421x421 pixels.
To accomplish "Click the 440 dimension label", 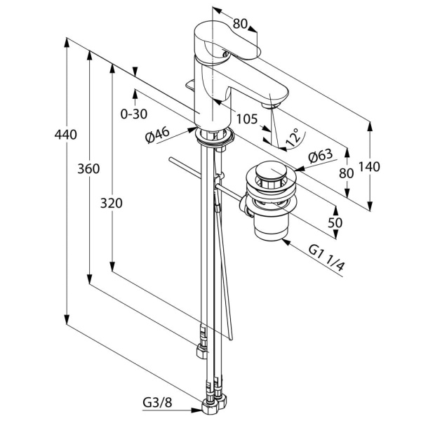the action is tap(66, 134).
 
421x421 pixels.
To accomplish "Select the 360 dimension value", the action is tap(88, 169).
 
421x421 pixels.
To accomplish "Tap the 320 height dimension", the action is tap(112, 203).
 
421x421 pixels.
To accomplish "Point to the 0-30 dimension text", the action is tap(134, 114).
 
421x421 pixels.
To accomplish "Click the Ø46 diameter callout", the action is tap(158, 135).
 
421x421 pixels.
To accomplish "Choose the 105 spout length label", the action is tap(247, 119).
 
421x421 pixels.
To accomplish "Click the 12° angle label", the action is tap(293, 138).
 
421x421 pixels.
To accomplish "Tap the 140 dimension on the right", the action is tap(370, 167).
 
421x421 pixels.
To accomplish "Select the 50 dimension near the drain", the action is tap(335, 222).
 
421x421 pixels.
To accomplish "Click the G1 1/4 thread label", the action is tap(326, 258).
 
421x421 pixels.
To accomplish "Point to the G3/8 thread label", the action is tap(157, 403).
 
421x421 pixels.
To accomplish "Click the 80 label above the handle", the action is tap(240, 24).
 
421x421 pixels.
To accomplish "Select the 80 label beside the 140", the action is tap(347, 173).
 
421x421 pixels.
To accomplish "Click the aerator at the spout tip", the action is tap(272, 105).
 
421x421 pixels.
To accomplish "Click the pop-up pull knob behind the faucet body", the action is tap(190, 85).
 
